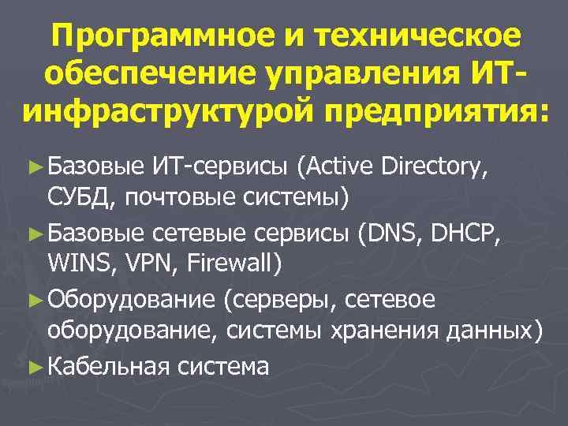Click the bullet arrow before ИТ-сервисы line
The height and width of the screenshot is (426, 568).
click(32, 166)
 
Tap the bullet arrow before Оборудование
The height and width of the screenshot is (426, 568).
click(32, 299)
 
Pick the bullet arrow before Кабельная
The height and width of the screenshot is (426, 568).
click(32, 365)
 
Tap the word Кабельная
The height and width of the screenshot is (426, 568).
click(109, 366)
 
